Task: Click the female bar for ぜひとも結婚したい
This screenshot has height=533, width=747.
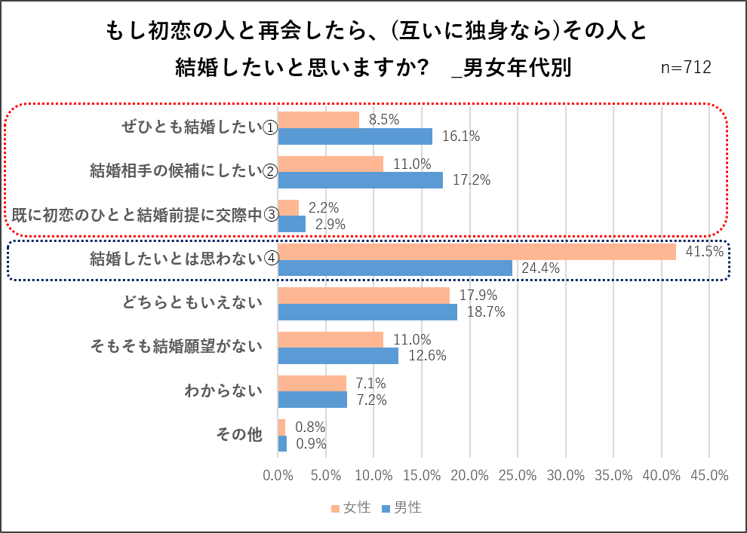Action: tap(318, 119)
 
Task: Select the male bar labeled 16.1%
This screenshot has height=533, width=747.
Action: tap(355, 136)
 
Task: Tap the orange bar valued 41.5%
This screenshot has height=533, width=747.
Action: tap(477, 252)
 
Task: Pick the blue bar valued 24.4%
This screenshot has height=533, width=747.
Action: tap(395, 268)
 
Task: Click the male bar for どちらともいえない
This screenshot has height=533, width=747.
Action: tap(367, 312)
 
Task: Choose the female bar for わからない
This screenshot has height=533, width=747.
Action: tap(312, 383)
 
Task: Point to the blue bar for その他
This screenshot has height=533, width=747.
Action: tap(282, 444)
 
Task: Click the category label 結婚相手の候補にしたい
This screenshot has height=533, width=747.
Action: tap(176, 171)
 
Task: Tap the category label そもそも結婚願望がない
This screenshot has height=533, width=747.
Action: tap(176, 347)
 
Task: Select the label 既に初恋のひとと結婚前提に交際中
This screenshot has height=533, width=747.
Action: tap(137, 215)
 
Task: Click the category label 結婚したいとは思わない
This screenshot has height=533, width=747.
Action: tap(176, 259)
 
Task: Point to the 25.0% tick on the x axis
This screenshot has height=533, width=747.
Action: tap(518, 476)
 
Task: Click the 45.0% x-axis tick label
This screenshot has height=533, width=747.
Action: tap(709, 476)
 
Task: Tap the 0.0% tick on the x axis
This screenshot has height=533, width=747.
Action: tap(278, 476)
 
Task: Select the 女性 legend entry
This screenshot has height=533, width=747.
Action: tap(351, 508)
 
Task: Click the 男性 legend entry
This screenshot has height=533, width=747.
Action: tap(401, 508)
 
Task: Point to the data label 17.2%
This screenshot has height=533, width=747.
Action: tap(472, 180)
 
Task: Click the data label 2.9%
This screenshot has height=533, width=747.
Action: tap(330, 224)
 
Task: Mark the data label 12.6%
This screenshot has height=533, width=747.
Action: tap(427, 356)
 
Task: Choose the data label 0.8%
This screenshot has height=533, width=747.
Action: tap(309, 427)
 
